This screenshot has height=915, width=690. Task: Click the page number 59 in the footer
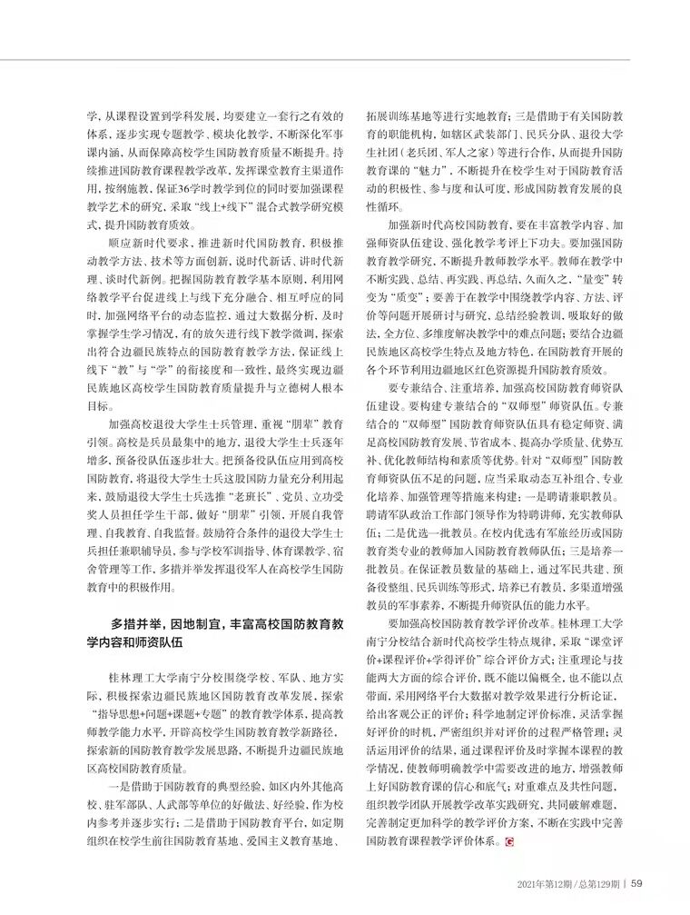637,882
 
